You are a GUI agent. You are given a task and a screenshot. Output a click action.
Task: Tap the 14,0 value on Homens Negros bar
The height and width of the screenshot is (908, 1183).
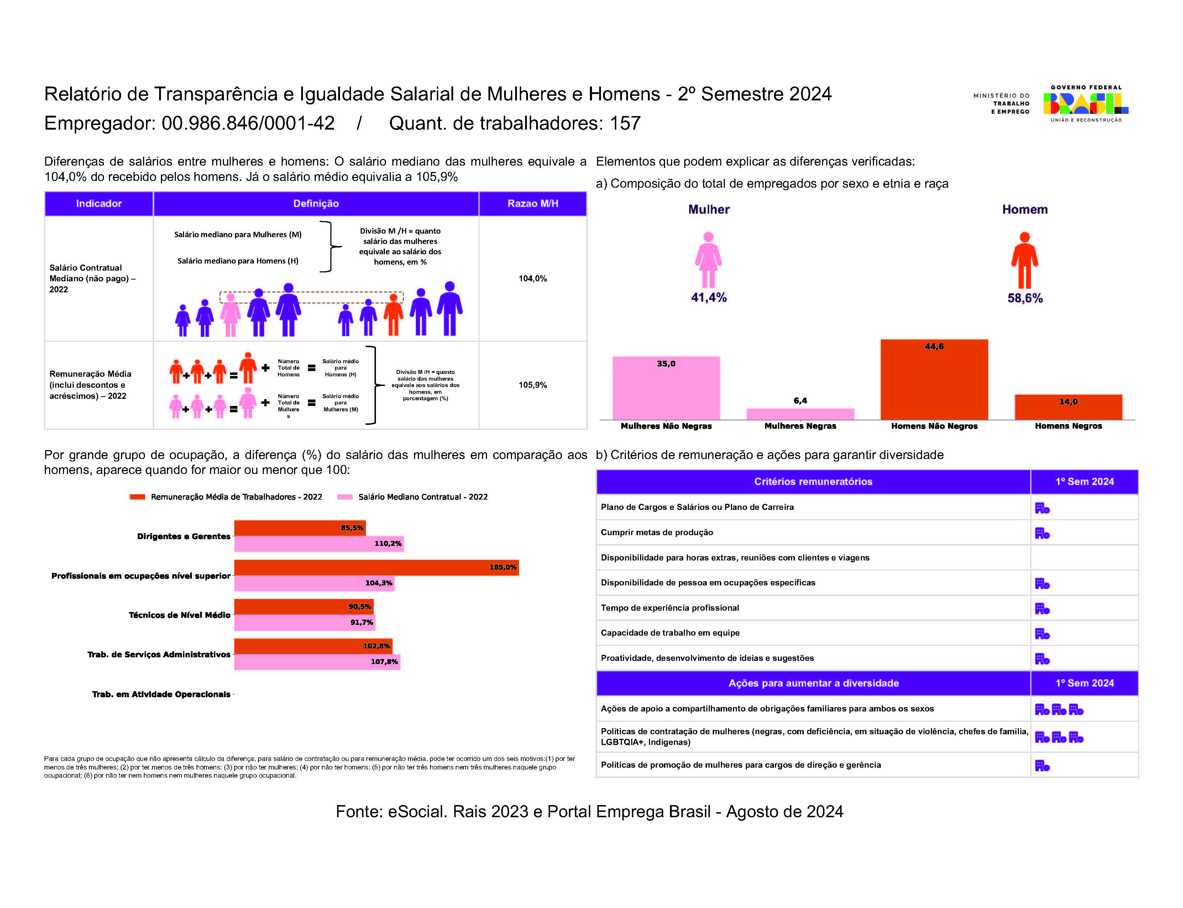(x=1068, y=402)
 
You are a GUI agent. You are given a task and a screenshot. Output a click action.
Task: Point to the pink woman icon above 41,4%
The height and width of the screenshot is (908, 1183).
(x=708, y=260)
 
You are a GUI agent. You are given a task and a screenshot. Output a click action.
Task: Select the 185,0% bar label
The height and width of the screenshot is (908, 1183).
(x=503, y=567)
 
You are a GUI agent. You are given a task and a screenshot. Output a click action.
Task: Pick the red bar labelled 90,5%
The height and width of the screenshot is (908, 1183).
(x=304, y=606)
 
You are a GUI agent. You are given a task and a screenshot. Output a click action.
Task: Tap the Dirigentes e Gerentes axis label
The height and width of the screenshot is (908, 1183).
(x=184, y=536)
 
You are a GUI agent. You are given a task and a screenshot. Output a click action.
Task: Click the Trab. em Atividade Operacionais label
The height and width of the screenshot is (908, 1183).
(x=161, y=694)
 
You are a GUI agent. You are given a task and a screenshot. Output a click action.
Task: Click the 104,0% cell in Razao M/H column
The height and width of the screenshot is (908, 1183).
(x=532, y=278)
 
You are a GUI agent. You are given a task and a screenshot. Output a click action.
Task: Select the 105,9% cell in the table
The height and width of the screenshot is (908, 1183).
(x=532, y=385)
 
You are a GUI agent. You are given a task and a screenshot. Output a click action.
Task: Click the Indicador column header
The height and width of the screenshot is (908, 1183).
(x=99, y=203)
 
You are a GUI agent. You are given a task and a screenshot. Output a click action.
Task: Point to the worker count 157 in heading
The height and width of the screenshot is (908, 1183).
(x=625, y=123)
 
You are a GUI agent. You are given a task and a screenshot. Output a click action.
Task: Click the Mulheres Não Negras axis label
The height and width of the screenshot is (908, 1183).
(x=666, y=426)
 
